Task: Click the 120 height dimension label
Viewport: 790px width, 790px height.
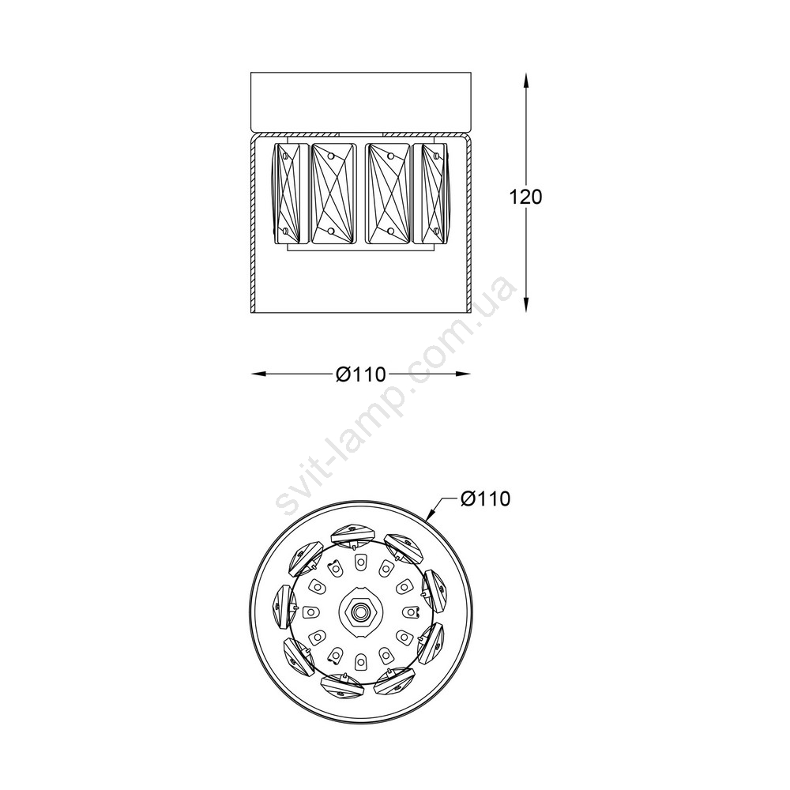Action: click(x=526, y=197)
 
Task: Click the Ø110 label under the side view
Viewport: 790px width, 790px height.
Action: click(x=361, y=374)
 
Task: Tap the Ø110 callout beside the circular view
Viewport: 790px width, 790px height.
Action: click(x=485, y=498)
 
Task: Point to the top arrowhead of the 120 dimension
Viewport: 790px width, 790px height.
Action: click(x=526, y=81)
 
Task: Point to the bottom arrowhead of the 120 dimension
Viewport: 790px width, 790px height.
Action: click(x=526, y=304)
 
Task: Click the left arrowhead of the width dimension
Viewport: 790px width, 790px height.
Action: click(x=259, y=374)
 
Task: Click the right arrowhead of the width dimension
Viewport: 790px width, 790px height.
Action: click(x=462, y=374)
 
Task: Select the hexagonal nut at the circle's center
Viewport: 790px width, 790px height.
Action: click(x=360, y=611)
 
